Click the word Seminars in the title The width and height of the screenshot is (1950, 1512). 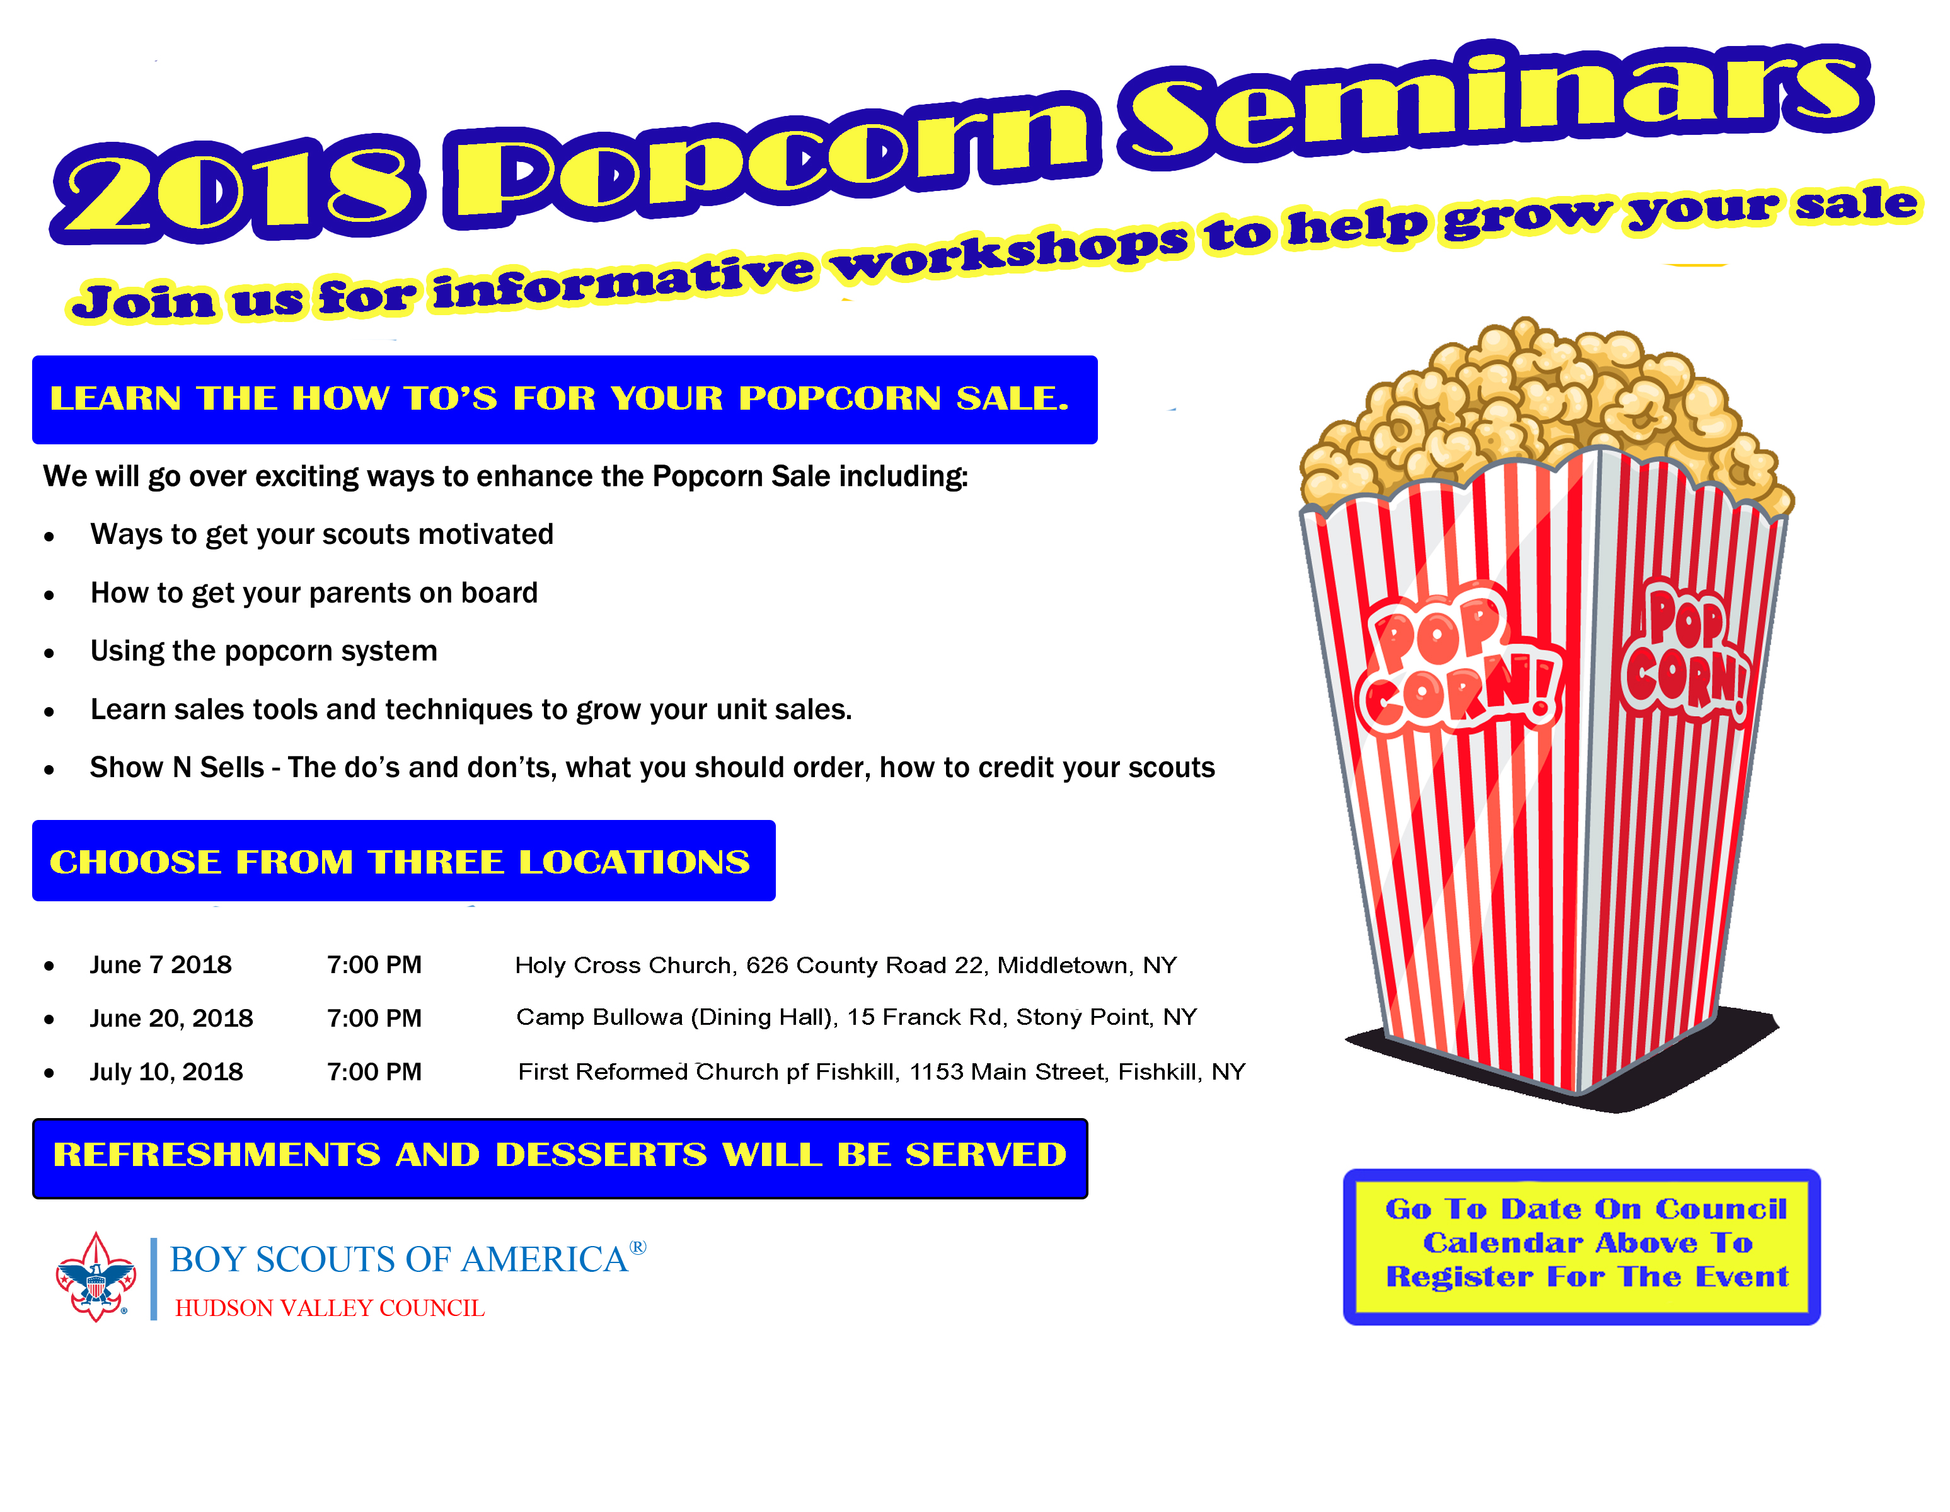point(1496,103)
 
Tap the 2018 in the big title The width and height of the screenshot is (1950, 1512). point(236,189)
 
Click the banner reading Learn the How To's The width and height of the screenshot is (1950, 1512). point(564,399)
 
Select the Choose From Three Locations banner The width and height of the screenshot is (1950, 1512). point(403,860)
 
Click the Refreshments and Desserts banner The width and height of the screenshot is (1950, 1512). point(560,1157)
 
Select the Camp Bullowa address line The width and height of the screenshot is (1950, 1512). point(857,1017)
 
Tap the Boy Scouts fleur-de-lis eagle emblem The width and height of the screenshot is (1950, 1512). point(96,1277)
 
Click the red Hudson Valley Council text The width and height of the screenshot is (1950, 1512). point(330,1308)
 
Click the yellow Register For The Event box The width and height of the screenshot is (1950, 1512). point(1581,1247)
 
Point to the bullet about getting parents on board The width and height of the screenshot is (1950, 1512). point(313,593)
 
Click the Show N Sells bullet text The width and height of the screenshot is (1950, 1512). point(652,767)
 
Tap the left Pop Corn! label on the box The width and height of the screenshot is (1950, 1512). point(1457,661)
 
